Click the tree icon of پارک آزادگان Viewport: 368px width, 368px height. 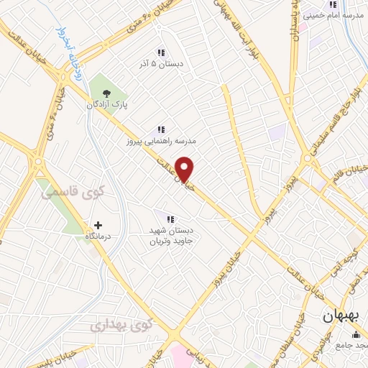click(x=107, y=93)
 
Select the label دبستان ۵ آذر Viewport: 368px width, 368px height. click(x=161, y=64)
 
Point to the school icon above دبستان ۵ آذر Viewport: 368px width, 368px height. click(x=161, y=52)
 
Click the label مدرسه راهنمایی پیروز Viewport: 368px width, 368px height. click(x=161, y=142)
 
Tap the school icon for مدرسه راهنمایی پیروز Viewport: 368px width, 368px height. click(x=161, y=130)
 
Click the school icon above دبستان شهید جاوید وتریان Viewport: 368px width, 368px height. click(x=170, y=218)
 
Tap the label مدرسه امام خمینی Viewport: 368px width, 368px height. click(x=336, y=15)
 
